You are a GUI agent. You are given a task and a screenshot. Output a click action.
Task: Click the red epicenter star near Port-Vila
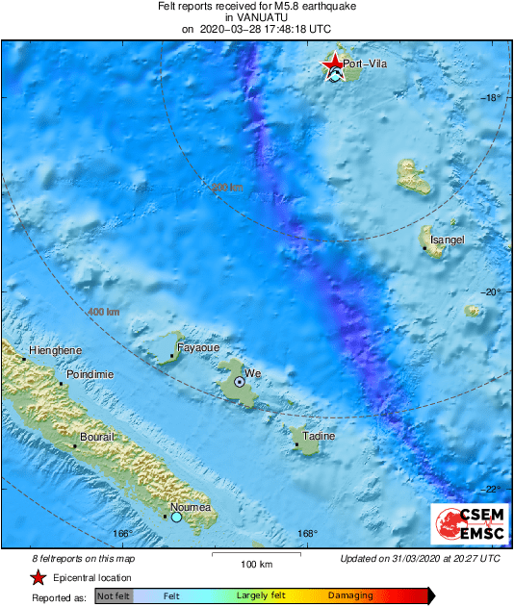point(333,64)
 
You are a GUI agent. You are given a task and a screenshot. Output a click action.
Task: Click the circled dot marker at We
point(240,382)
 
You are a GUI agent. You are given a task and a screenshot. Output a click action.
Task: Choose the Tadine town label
point(319,436)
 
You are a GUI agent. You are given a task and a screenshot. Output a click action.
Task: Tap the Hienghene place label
point(56,351)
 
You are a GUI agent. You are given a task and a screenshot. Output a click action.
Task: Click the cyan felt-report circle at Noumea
point(176,518)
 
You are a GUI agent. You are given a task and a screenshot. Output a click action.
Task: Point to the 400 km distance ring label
point(104,313)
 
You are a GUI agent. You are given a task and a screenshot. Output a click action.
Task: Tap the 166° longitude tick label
point(121,534)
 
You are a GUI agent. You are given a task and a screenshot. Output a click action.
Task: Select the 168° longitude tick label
point(307,534)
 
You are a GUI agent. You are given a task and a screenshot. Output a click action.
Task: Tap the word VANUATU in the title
point(257,17)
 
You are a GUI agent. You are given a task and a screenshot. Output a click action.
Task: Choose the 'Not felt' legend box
point(113,596)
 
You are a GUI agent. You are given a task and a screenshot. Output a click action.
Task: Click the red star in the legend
point(39,577)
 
